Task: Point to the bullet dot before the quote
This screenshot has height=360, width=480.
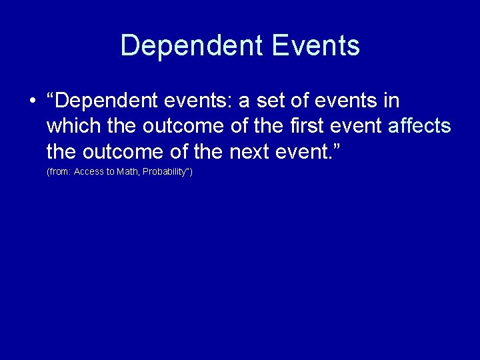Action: (x=31, y=101)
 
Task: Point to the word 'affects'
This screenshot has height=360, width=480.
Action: (x=419, y=127)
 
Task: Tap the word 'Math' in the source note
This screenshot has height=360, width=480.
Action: (x=127, y=172)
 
